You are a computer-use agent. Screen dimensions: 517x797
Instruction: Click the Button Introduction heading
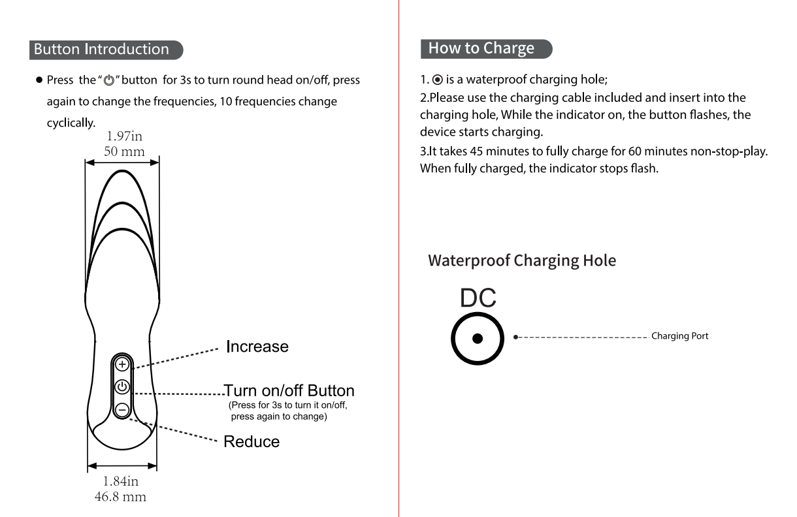pos(101,50)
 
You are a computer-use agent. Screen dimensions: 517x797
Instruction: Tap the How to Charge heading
pos(481,48)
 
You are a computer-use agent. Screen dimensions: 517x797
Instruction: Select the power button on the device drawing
pos(122,387)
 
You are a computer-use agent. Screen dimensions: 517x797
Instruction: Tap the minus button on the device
pos(122,409)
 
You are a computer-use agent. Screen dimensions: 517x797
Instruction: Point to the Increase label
pos(257,347)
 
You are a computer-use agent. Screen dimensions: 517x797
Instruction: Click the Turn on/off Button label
pos(289,391)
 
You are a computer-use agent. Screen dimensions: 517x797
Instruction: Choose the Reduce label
pos(252,442)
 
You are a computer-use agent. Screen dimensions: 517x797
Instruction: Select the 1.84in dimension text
pos(121,482)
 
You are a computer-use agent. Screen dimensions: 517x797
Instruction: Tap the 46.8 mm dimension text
pos(121,496)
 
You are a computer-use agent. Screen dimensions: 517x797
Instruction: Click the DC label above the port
pos(478,298)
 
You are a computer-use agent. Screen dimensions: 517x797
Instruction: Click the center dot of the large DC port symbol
pos(478,338)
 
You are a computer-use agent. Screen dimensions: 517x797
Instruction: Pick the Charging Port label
pos(679,336)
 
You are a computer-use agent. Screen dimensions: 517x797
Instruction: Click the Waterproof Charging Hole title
pos(522,260)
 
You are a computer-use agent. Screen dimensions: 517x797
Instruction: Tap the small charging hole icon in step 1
pos(437,80)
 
